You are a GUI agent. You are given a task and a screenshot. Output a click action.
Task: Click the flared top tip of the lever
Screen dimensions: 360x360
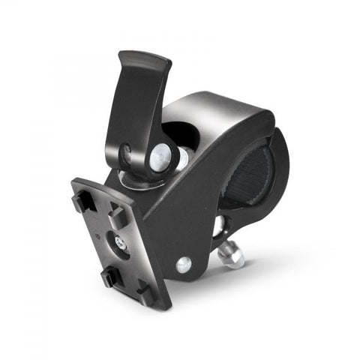(x=142, y=60)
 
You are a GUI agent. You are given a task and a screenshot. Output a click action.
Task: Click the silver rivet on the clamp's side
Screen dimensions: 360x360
(x=182, y=264)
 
